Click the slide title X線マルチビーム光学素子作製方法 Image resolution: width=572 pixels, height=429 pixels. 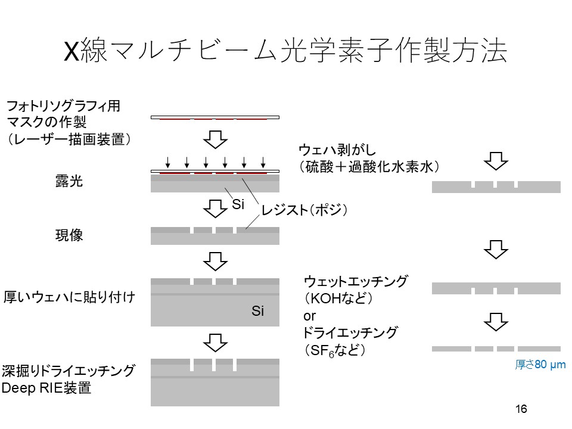point(285,52)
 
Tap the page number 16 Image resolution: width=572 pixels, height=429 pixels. point(521,409)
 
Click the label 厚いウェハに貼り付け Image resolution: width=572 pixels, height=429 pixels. point(70,296)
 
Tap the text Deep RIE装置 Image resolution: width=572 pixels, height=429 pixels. point(47,388)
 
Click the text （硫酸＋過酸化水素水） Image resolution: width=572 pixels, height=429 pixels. point(370,166)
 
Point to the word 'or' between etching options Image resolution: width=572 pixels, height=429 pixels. point(310,316)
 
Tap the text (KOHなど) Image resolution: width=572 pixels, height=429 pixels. point(338,299)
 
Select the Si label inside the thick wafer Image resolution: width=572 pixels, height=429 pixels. point(257,311)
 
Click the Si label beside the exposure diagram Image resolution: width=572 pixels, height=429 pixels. point(238,205)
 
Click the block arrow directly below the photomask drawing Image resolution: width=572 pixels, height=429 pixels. point(216,140)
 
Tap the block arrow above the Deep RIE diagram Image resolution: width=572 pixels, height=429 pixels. point(216,342)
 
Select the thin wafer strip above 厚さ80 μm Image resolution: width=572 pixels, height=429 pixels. point(496,349)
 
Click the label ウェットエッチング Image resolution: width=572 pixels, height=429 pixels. point(356,281)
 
